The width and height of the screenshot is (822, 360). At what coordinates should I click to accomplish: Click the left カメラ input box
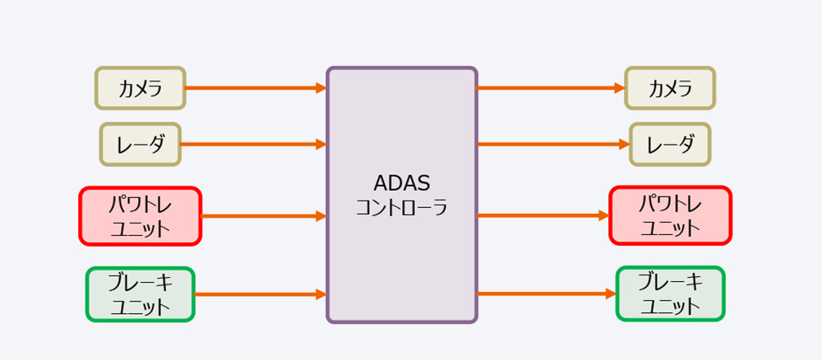[141, 88]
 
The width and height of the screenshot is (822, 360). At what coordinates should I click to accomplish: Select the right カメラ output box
[670, 88]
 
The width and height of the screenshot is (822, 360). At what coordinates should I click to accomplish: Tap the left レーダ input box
[141, 144]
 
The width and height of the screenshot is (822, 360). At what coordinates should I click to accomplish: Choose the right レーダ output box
[670, 144]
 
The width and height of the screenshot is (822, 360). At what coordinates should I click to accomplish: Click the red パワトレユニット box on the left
[141, 216]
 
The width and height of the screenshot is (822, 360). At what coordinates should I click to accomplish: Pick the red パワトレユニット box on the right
[670, 215]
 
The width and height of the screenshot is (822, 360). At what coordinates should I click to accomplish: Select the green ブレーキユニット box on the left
[141, 294]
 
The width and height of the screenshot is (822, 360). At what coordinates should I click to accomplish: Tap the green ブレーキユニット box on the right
[670, 293]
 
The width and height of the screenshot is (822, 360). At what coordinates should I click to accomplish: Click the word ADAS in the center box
[402, 183]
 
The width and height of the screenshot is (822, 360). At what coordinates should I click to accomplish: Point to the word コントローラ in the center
[402, 207]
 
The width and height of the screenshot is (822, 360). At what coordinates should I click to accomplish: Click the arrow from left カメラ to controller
[256, 88]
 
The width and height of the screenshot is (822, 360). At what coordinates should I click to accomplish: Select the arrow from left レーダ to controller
[254, 144]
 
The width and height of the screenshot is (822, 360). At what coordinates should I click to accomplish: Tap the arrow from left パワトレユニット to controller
[264, 215]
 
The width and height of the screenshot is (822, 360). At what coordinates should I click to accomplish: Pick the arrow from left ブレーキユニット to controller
[261, 294]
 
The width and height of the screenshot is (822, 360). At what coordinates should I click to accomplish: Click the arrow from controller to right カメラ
[551, 88]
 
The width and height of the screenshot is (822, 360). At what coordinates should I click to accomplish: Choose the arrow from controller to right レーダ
[553, 144]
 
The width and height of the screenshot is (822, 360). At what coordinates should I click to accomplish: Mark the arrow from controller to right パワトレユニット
[543, 215]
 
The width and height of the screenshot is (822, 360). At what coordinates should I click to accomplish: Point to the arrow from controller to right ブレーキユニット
[547, 293]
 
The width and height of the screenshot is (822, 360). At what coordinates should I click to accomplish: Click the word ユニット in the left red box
[141, 229]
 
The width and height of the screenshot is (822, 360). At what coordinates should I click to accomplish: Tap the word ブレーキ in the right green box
[671, 282]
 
